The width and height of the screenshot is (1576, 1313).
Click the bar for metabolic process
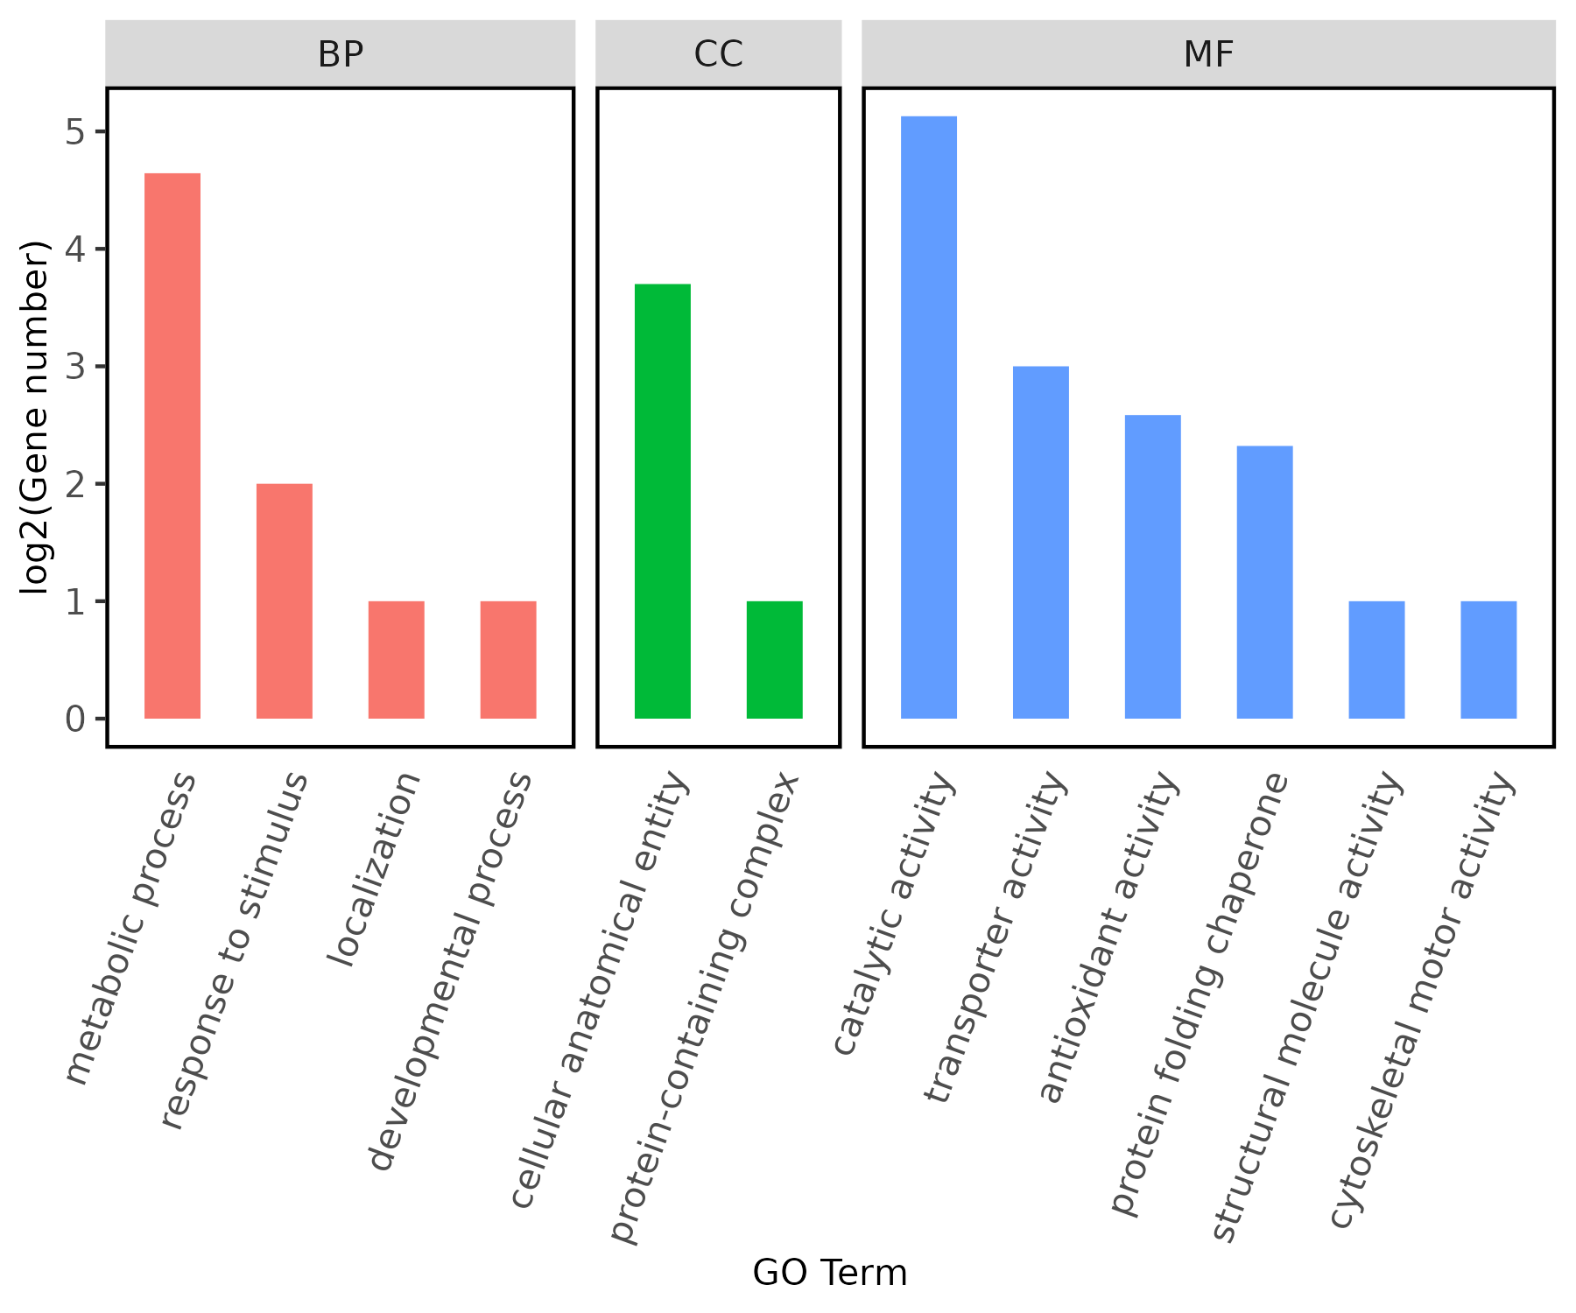coord(172,446)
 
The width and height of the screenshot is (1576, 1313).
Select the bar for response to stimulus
coord(285,601)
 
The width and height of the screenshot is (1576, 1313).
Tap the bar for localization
coord(397,660)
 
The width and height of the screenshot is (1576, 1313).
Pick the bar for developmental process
coord(509,660)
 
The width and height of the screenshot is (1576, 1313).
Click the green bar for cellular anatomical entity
coord(663,502)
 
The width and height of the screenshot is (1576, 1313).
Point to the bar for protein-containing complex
coord(775,660)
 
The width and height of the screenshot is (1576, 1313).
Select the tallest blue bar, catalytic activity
coord(929,418)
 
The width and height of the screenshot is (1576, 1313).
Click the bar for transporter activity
coord(1041,543)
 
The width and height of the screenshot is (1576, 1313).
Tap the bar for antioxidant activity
coord(1153,567)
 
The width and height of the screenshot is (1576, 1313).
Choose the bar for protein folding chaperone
coord(1265,583)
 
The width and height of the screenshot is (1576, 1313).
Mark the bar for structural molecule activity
coord(1377,660)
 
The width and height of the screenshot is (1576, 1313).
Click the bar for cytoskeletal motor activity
coord(1489,660)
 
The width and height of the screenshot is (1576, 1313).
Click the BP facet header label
coord(341,54)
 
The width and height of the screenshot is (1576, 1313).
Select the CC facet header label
coord(719,54)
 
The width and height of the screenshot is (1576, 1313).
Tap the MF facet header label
coord(1209,54)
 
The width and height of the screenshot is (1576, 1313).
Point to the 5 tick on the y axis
coord(76,132)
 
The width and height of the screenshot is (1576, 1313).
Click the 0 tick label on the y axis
coord(76,720)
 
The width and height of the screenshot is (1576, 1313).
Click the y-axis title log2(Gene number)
coord(36,418)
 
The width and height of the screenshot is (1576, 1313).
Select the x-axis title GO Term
coord(830,1273)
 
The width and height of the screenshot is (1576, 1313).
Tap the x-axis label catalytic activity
coord(893,915)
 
